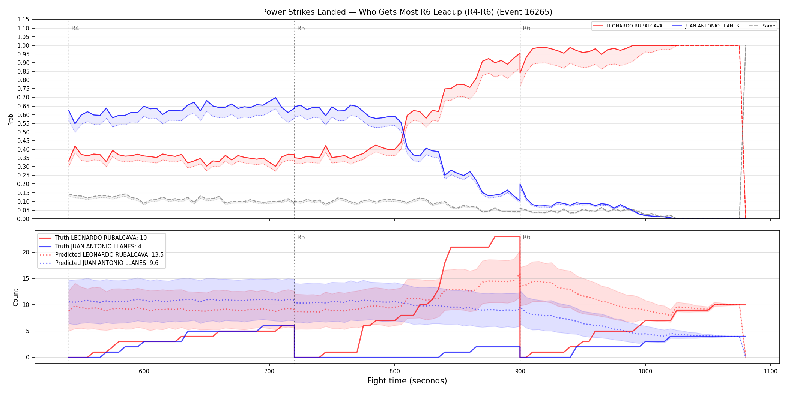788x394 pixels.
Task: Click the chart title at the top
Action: (x=407, y=12)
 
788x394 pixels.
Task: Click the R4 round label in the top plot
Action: (x=75, y=28)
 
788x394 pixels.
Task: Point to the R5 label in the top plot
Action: (x=301, y=28)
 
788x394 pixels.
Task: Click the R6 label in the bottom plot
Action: (x=526, y=237)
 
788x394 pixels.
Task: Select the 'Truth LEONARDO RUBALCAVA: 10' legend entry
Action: (x=101, y=238)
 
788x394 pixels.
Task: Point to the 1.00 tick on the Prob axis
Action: (x=23, y=45)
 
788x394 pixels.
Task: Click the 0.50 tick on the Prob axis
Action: (x=23, y=132)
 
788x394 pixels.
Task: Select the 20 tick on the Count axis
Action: (x=26, y=252)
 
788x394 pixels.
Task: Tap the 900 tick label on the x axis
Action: (x=520, y=371)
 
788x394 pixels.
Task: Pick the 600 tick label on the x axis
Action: (x=144, y=371)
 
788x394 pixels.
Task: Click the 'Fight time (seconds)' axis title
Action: (x=407, y=381)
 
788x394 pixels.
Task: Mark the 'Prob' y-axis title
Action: (x=11, y=119)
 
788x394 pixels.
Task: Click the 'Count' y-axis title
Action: (x=15, y=297)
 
